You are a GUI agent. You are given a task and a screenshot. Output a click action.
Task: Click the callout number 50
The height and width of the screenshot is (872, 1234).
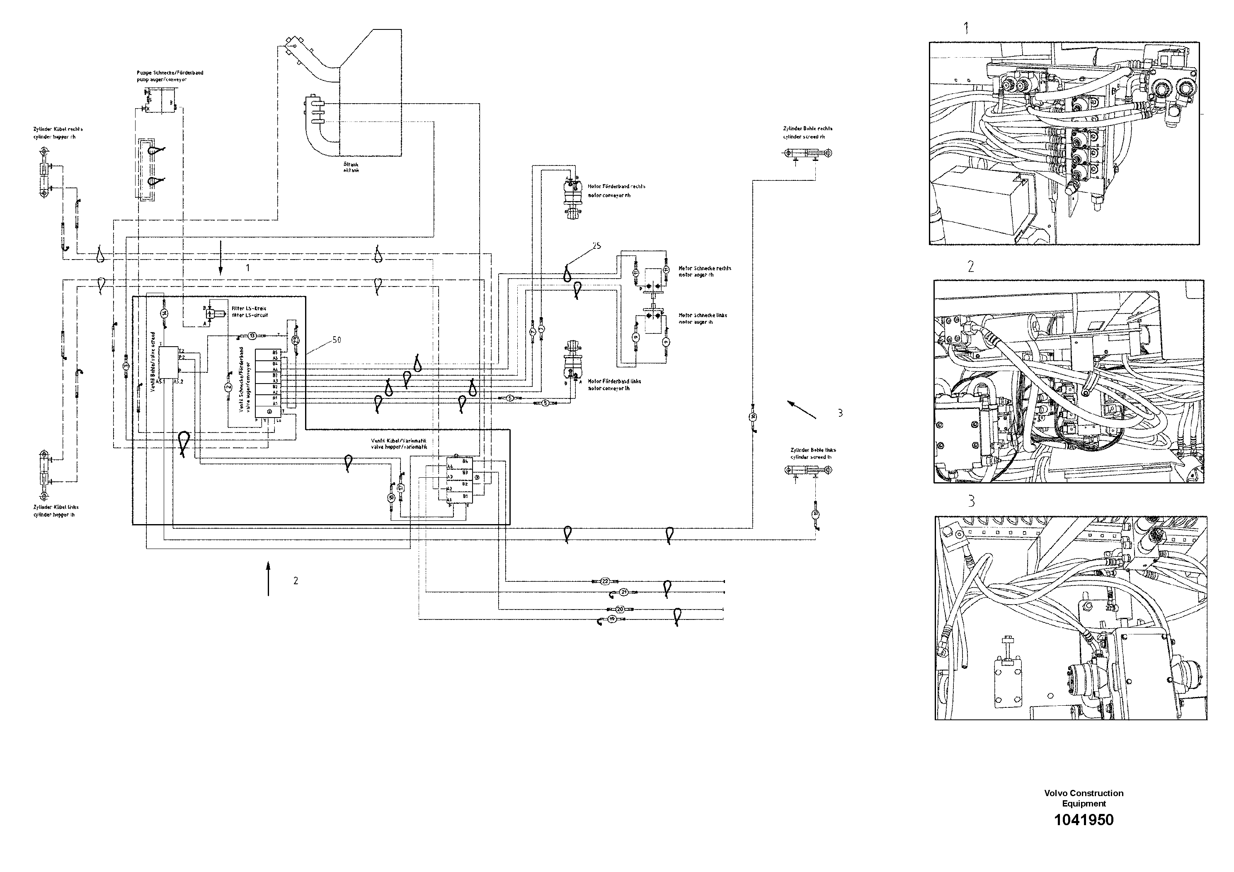tap(337, 340)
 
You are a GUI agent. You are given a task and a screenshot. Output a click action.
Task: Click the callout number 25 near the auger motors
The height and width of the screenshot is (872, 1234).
tap(596, 246)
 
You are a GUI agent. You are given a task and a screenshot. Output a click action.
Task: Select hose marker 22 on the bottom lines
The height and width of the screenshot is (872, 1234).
tap(605, 581)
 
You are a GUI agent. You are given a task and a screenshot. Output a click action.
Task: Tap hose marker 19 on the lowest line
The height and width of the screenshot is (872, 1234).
tap(613, 619)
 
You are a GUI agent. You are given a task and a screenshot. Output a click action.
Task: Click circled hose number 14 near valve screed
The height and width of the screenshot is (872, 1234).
tap(165, 313)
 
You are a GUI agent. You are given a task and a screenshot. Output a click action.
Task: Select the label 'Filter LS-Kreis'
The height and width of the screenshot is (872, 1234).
tap(249, 308)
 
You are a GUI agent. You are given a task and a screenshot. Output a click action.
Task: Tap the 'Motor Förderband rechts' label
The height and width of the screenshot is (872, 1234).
tap(616, 187)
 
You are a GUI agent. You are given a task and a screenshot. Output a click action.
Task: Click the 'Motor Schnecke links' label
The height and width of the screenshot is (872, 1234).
tap(703, 316)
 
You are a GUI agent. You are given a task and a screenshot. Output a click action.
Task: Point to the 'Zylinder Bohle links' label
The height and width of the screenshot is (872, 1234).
tap(812, 450)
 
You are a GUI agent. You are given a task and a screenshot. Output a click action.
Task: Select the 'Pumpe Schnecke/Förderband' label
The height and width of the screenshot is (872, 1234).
tap(170, 73)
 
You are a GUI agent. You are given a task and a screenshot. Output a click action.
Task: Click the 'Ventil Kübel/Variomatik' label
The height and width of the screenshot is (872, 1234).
tap(398, 440)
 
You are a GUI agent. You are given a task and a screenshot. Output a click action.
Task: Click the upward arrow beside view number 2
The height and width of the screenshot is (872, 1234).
tap(268, 578)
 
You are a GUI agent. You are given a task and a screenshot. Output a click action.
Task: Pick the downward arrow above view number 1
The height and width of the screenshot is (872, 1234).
tap(221, 257)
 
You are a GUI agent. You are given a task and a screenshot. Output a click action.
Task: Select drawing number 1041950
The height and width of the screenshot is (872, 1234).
tap(1084, 820)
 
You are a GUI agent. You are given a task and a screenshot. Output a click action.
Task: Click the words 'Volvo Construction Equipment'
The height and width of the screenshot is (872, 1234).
tap(1084, 798)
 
